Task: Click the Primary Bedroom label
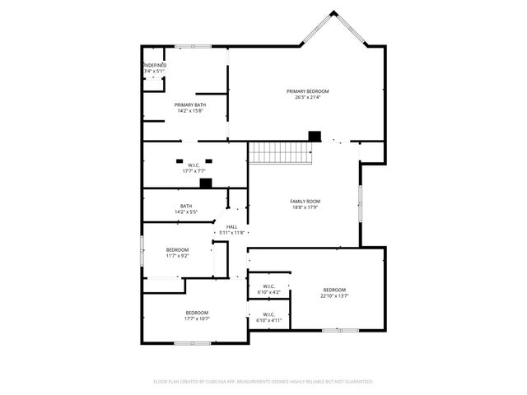click(x=307, y=91)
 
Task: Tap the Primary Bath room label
click(x=189, y=105)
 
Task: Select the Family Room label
click(x=305, y=202)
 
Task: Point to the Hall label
click(x=232, y=226)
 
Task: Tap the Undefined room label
click(x=155, y=65)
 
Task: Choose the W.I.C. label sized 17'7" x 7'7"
click(x=194, y=165)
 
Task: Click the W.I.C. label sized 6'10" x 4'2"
click(x=268, y=286)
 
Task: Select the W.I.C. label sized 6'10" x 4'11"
click(x=268, y=314)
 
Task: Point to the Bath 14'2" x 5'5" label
click(x=186, y=206)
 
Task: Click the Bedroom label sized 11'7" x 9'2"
click(x=177, y=249)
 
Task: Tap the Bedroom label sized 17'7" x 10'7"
click(x=196, y=313)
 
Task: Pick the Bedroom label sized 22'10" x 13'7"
click(x=334, y=290)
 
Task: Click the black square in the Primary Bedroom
click(x=314, y=136)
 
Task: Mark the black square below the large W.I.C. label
click(x=206, y=184)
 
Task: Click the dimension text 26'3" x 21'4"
click(x=307, y=97)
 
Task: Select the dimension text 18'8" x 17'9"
click(x=305, y=207)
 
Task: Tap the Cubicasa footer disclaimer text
click(x=263, y=382)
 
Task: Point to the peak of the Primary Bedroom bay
click(x=333, y=12)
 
